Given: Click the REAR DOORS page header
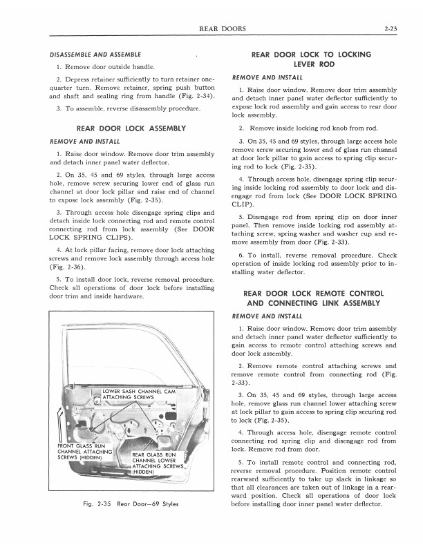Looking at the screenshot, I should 218,28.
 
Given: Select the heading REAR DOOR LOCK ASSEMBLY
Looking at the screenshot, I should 131,128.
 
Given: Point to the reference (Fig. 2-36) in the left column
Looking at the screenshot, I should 66,265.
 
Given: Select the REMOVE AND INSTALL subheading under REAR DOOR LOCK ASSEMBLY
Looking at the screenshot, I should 80,141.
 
